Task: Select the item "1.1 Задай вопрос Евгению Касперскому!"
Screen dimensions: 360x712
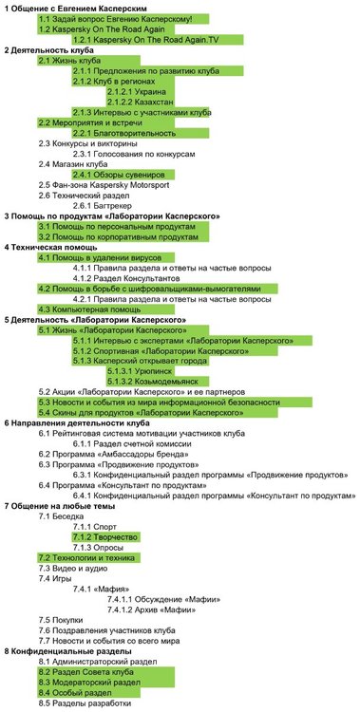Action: point(115,19)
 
